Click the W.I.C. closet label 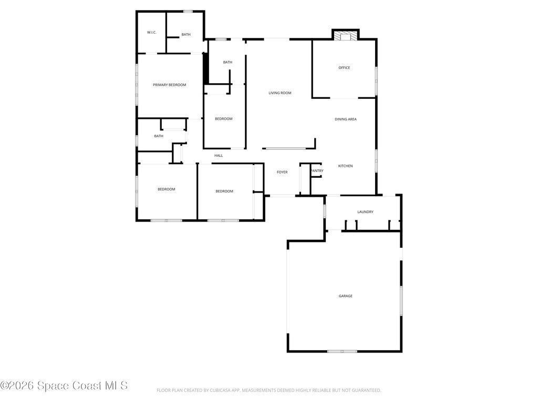pyautogui.click(x=152, y=32)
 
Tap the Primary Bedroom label pyautogui.click(x=170, y=85)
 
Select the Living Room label pyautogui.click(x=280, y=93)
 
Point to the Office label pyautogui.click(x=344, y=68)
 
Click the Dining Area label pyautogui.click(x=346, y=119)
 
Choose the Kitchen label pyautogui.click(x=346, y=166)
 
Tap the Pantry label pyautogui.click(x=317, y=171)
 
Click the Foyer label pyautogui.click(x=282, y=172)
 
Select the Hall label pyautogui.click(x=219, y=156)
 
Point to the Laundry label pyautogui.click(x=366, y=212)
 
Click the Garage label pyautogui.click(x=346, y=296)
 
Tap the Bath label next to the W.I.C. pyautogui.click(x=186, y=34)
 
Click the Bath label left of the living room pyautogui.click(x=227, y=62)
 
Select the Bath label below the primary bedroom pyautogui.click(x=159, y=136)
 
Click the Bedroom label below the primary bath pyautogui.click(x=224, y=119)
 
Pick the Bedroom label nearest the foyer pyautogui.click(x=224, y=191)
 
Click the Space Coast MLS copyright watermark pyautogui.click(x=64, y=386)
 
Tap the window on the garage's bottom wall pyautogui.click(x=342, y=351)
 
